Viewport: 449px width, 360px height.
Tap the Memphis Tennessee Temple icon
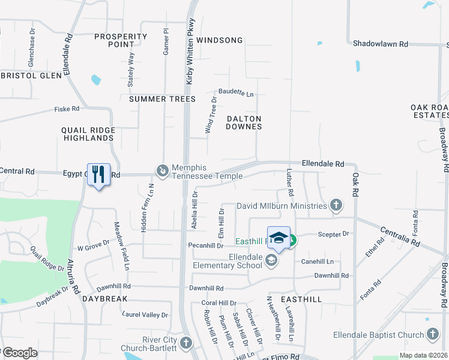[x=162, y=172]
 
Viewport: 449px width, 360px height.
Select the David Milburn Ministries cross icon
[x=336, y=206]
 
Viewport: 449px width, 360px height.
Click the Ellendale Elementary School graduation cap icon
[x=271, y=260]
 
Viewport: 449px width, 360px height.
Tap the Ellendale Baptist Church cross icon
[x=433, y=334]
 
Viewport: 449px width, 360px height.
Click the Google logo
[x=19, y=353]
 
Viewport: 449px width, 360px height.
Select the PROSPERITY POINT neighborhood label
[x=121, y=40]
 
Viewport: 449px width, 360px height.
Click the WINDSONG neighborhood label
[x=219, y=40]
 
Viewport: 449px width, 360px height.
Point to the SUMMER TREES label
[x=162, y=99]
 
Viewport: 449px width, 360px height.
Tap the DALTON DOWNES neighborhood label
[x=244, y=122]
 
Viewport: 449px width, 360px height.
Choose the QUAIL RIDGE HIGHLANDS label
[x=88, y=134]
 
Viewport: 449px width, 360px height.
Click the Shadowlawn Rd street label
[x=380, y=44]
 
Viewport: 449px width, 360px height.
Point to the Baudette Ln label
[x=236, y=94]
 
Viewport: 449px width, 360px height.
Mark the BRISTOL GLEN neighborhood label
[x=31, y=76]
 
